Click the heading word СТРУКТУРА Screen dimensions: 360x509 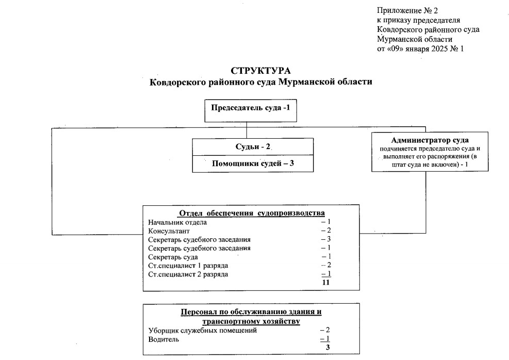coord(260,71)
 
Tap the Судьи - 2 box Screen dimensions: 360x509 coord(253,146)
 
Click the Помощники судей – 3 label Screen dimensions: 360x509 coord(253,164)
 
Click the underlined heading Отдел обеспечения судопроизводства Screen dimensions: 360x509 coord(251,214)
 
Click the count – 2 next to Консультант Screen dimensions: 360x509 coord(325,231)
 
